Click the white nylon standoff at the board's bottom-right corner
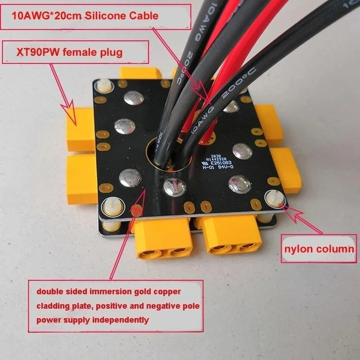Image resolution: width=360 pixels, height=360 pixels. click(x=274, y=198)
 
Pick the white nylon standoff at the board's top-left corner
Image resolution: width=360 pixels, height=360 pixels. click(x=104, y=85)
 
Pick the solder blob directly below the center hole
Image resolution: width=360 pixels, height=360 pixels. click(x=175, y=186)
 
